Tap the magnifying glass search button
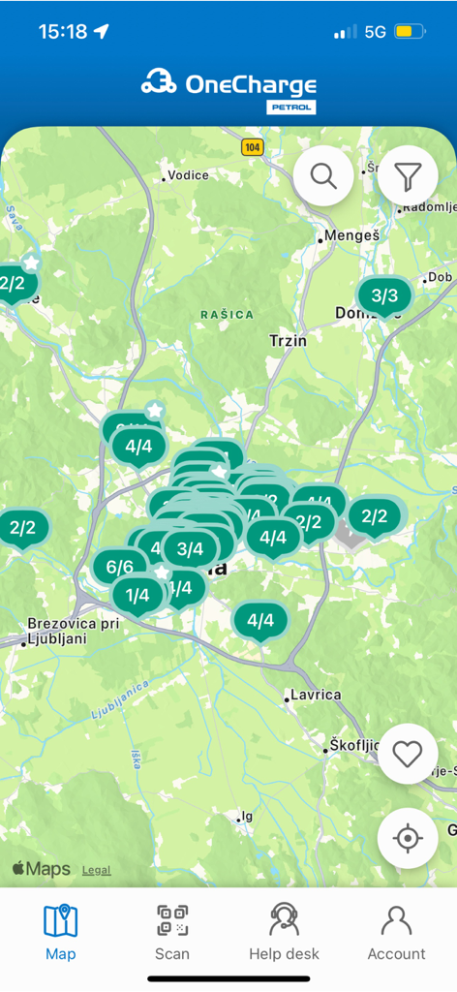pyautogui.click(x=323, y=176)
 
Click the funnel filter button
pyautogui.click(x=408, y=176)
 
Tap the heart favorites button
pyautogui.click(x=408, y=754)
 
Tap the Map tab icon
pyautogui.click(x=61, y=921)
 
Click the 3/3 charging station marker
pyautogui.click(x=384, y=295)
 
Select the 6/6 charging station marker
pyautogui.click(x=119, y=567)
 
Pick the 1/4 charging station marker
pyautogui.click(x=137, y=595)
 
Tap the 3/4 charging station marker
pyautogui.click(x=190, y=549)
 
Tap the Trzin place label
pyautogui.click(x=288, y=340)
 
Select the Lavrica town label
pyautogui.click(x=316, y=695)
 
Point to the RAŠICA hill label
pyautogui.click(x=228, y=315)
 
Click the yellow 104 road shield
pyautogui.click(x=253, y=147)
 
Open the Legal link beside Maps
pyautogui.click(x=96, y=870)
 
